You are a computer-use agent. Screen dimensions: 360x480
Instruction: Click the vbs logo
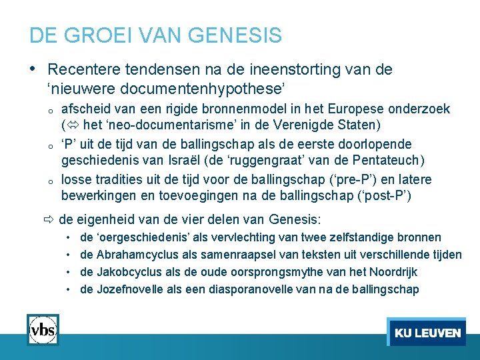[x=43, y=329]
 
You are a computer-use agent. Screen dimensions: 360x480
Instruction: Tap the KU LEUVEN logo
[x=427, y=332]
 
